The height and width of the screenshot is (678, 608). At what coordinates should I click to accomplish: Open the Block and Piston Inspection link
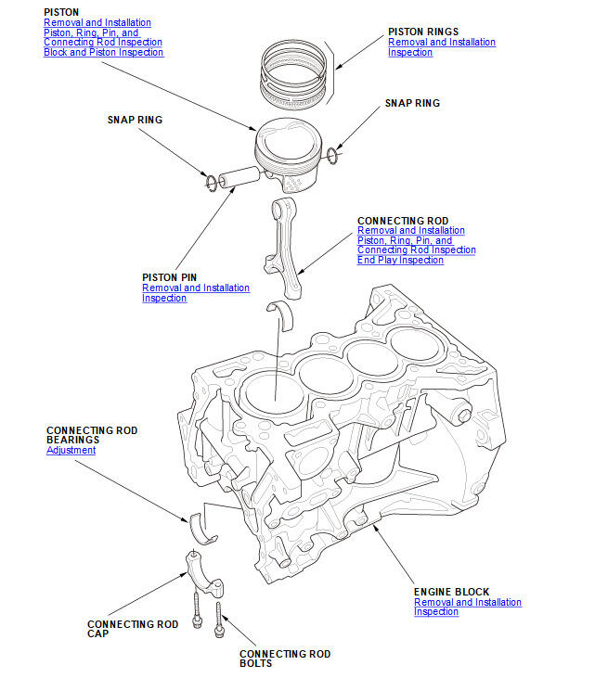pyautogui.click(x=103, y=52)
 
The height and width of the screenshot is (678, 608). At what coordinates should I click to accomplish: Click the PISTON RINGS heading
pyautogui.click(x=422, y=32)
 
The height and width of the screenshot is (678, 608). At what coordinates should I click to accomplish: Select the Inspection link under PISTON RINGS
pyautogui.click(x=409, y=53)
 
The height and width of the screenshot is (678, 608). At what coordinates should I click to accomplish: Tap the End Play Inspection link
pyautogui.click(x=400, y=261)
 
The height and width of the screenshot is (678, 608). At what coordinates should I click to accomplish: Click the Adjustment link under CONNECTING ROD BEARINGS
pyautogui.click(x=71, y=451)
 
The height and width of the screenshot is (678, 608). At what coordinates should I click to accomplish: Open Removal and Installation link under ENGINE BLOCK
pyautogui.click(x=467, y=603)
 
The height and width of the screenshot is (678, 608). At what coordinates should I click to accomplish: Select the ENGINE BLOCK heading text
pyautogui.click(x=451, y=592)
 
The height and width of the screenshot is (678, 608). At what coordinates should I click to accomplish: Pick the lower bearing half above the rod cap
pyautogui.click(x=201, y=526)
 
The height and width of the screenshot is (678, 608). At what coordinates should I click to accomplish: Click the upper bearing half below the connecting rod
pyautogui.click(x=278, y=312)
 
